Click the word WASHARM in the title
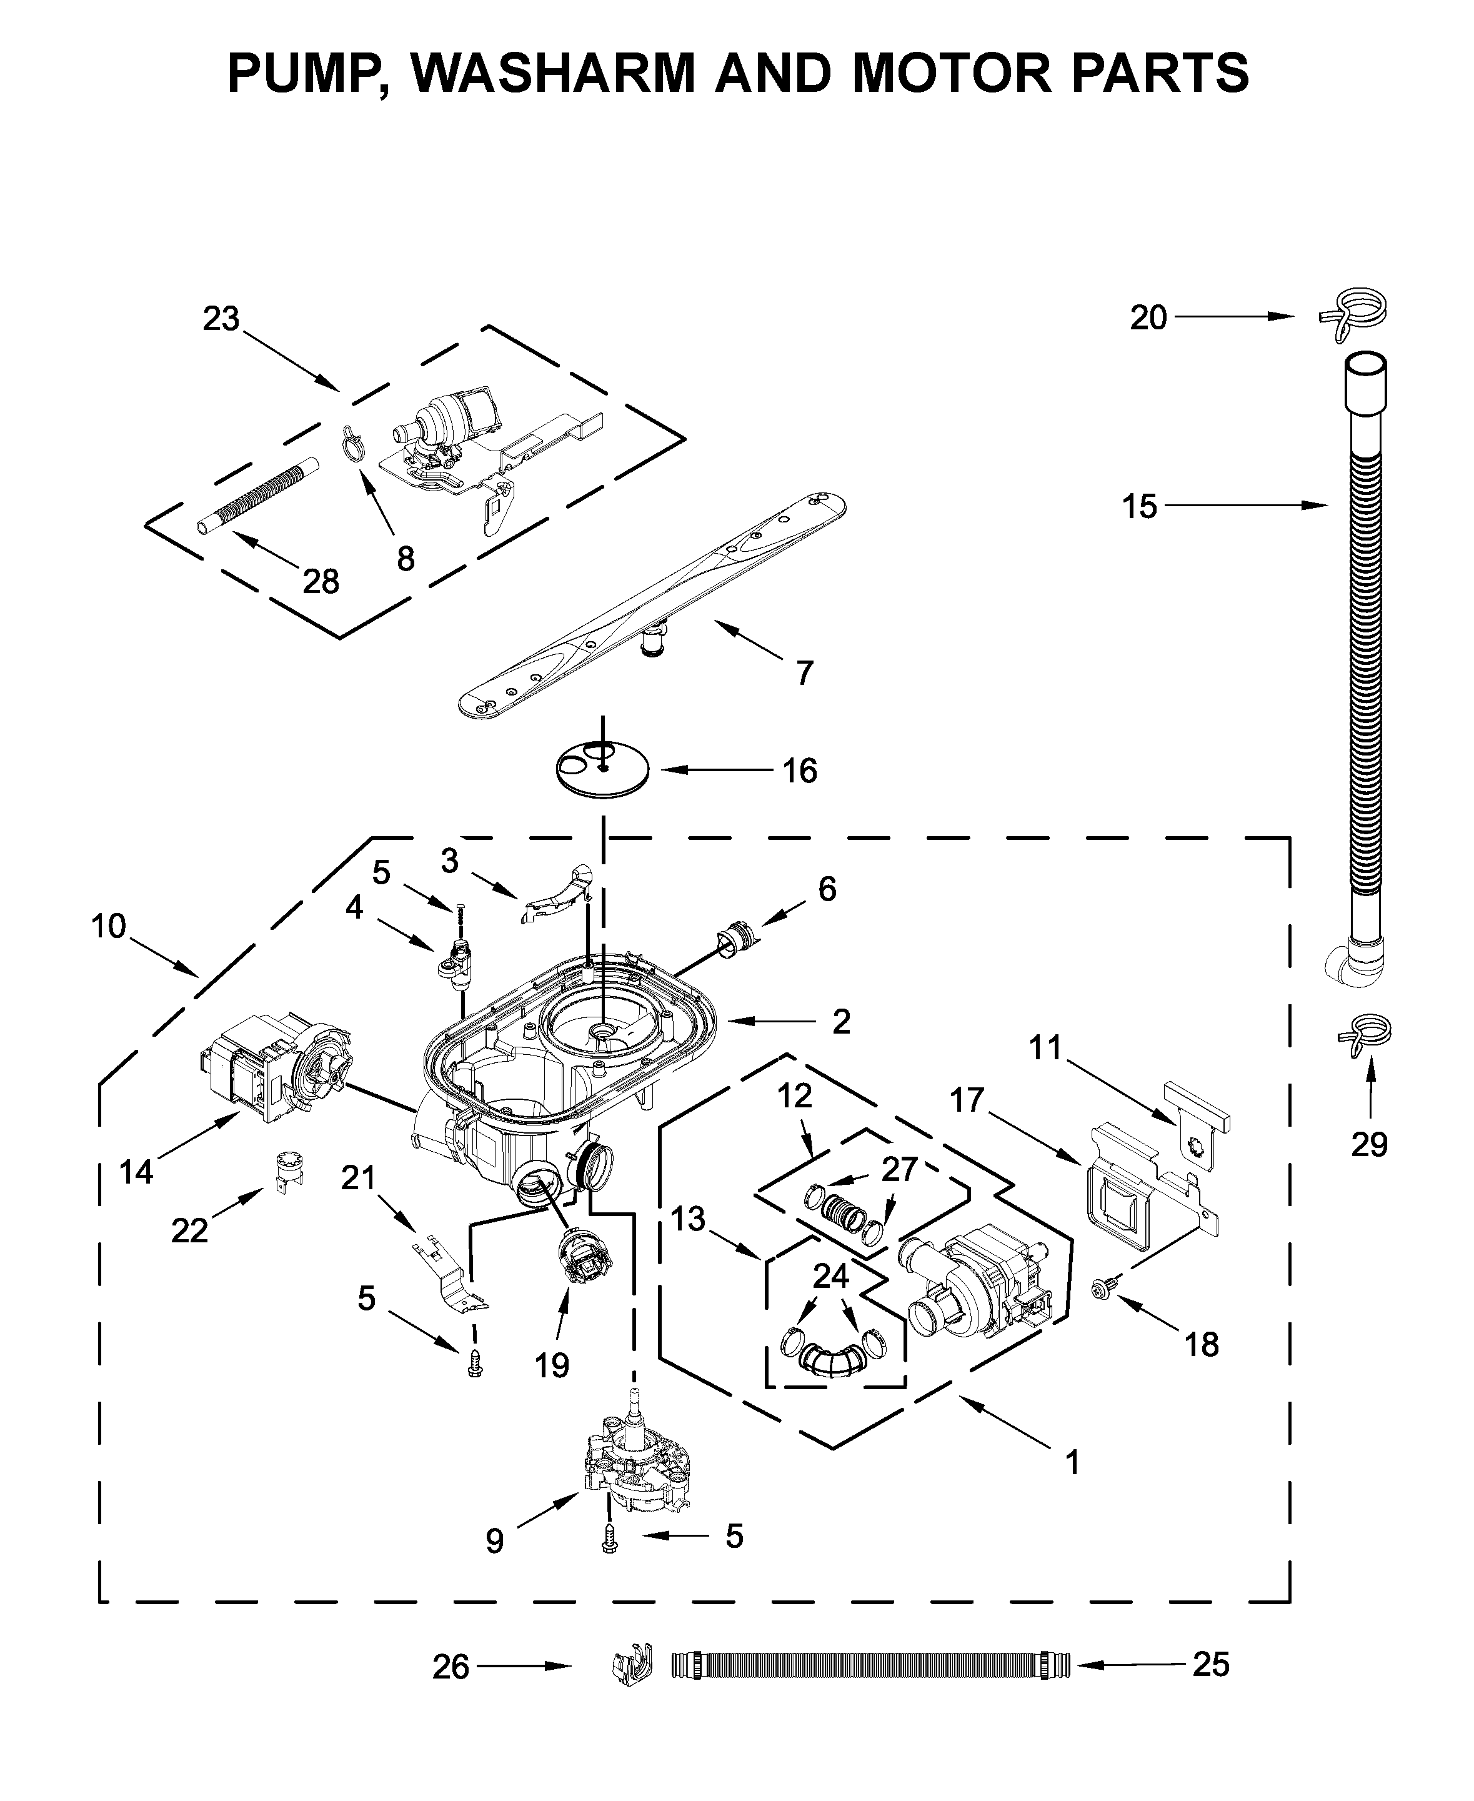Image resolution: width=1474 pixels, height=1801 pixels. (x=556, y=72)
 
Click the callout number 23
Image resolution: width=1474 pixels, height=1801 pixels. (x=222, y=319)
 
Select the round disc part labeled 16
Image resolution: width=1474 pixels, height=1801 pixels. (x=602, y=769)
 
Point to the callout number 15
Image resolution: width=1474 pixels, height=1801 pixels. (x=1140, y=506)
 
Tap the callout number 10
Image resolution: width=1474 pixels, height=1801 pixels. (x=109, y=926)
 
